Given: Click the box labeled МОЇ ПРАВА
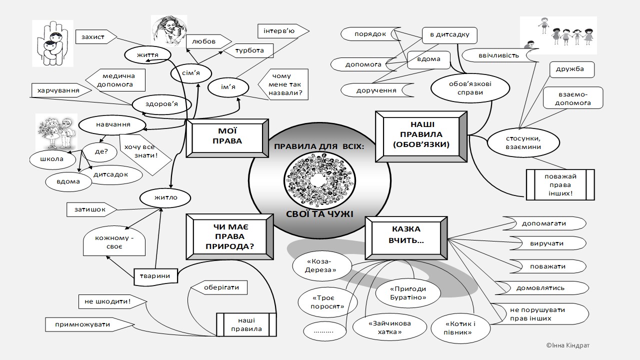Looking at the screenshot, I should pyautogui.click(x=226, y=137).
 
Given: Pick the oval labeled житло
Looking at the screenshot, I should pyautogui.click(x=165, y=197).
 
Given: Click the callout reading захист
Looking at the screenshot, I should pyautogui.click(x=93, y=37).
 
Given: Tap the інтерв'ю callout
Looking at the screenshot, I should pyautogui.click(x=279, y=31).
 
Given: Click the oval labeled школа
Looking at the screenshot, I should pyautogui.click(x=54, y=159).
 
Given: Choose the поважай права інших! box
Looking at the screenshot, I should pyautogui.click(x=560, y=184).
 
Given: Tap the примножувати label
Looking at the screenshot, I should pyautogui.click(x=90, y=324).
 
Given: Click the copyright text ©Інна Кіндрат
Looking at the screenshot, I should pyautogui.click(x=570, y=345).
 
